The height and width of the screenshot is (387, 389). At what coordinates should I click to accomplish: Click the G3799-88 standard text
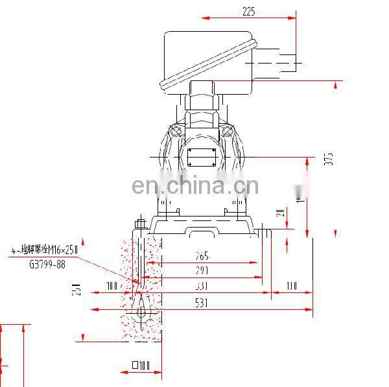coord(47,264)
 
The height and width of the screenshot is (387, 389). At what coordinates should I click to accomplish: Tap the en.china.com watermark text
coord(195,186)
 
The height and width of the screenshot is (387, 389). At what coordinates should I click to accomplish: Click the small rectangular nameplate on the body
coord(201,156)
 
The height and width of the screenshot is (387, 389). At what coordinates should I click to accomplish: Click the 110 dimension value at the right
coord(290,286)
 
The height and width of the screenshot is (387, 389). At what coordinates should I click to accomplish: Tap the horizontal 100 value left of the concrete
coord(113,286)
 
